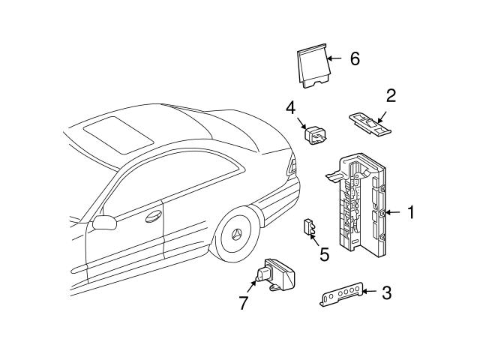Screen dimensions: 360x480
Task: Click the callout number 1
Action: (410, 213)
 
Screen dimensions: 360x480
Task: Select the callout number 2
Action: (391, 95)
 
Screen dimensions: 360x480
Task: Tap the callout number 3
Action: (385, 292)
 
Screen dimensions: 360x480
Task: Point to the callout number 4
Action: (290, 107)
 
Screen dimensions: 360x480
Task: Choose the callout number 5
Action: (324, 254)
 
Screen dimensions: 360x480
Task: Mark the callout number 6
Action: (355, 58)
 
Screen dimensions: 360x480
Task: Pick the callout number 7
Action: (243, 303)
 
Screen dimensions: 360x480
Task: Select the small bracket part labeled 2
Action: (370, 123)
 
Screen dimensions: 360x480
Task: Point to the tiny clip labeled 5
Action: (308, 227)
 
